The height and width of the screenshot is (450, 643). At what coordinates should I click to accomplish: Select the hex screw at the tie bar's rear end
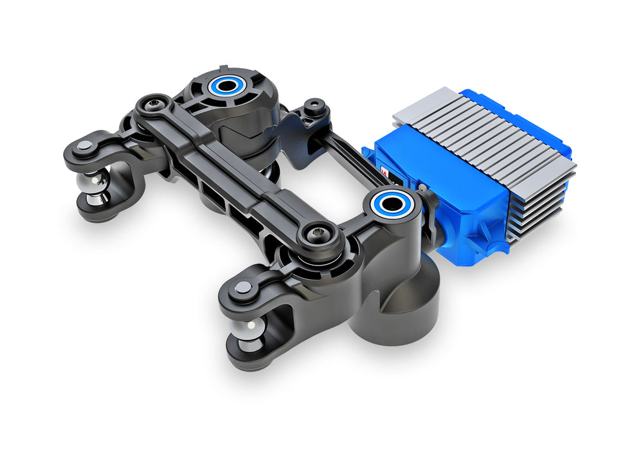pos(154,105)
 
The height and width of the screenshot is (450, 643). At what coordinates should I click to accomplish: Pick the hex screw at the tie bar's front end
pos(318,235)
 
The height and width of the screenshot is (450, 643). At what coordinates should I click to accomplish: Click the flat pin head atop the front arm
pos(243,288)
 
